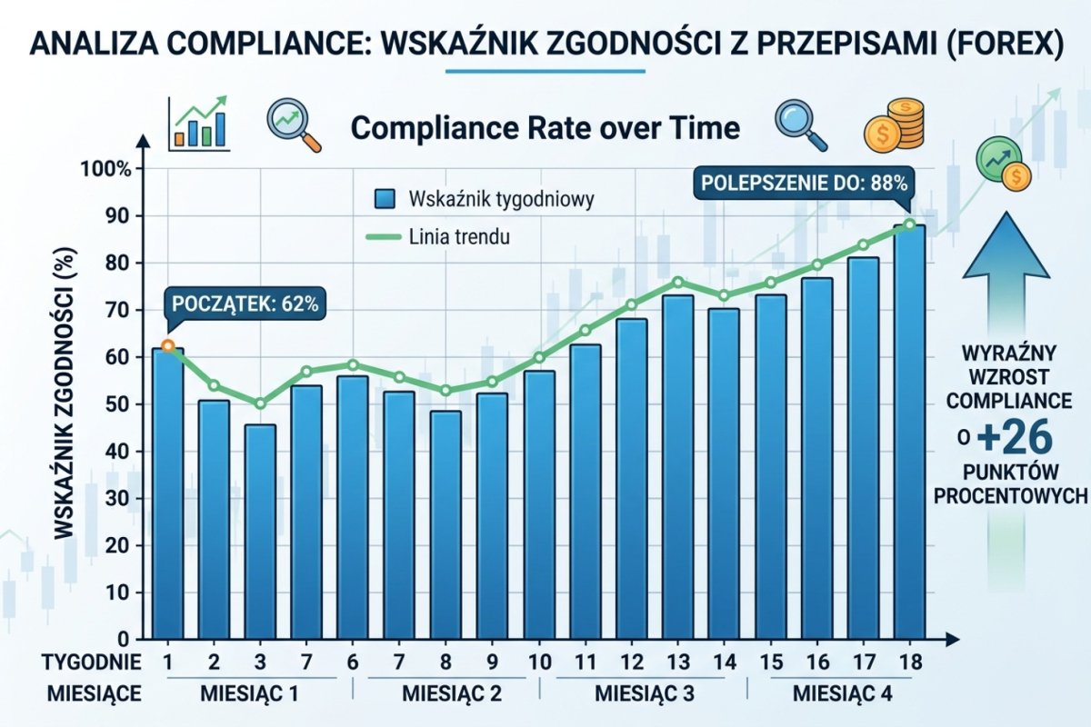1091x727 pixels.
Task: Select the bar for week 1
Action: [167, 491]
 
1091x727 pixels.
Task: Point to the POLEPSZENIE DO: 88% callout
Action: [801, 181]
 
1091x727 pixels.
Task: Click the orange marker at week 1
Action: [167, 346]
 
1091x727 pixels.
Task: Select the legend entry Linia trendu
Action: [436, 238]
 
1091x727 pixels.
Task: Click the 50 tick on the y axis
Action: [118, 404]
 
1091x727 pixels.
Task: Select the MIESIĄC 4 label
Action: [839, 692]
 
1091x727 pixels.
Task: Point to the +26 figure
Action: [1016, 438]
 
